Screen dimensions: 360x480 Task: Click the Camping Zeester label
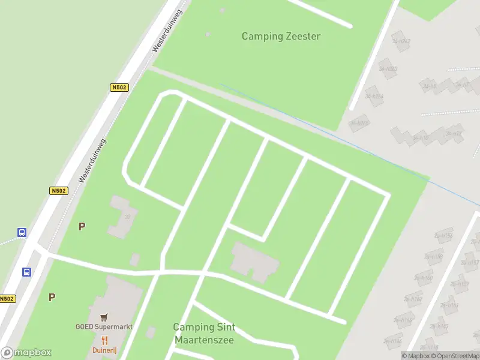(281, 36)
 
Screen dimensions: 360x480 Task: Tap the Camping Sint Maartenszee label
(204, 334)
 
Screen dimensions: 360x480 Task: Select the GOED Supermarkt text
(104, 327)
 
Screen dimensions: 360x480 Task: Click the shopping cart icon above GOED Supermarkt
(104, 317)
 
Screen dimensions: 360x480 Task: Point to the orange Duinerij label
(104, 350)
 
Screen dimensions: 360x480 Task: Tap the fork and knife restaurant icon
(104, 340)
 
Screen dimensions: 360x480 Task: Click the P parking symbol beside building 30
(82, 226)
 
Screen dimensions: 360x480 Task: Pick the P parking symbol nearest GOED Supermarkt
(52, 296)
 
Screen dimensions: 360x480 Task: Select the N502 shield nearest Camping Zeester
(119, 88)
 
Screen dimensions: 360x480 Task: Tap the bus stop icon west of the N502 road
(22, 233)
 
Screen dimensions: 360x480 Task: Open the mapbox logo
(26, 353)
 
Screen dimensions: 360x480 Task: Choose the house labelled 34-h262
(401, 41)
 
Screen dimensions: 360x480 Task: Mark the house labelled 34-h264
(374, 96)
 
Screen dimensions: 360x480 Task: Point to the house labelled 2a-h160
(424, 278)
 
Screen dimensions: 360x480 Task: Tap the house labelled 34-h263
(388, 68)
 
